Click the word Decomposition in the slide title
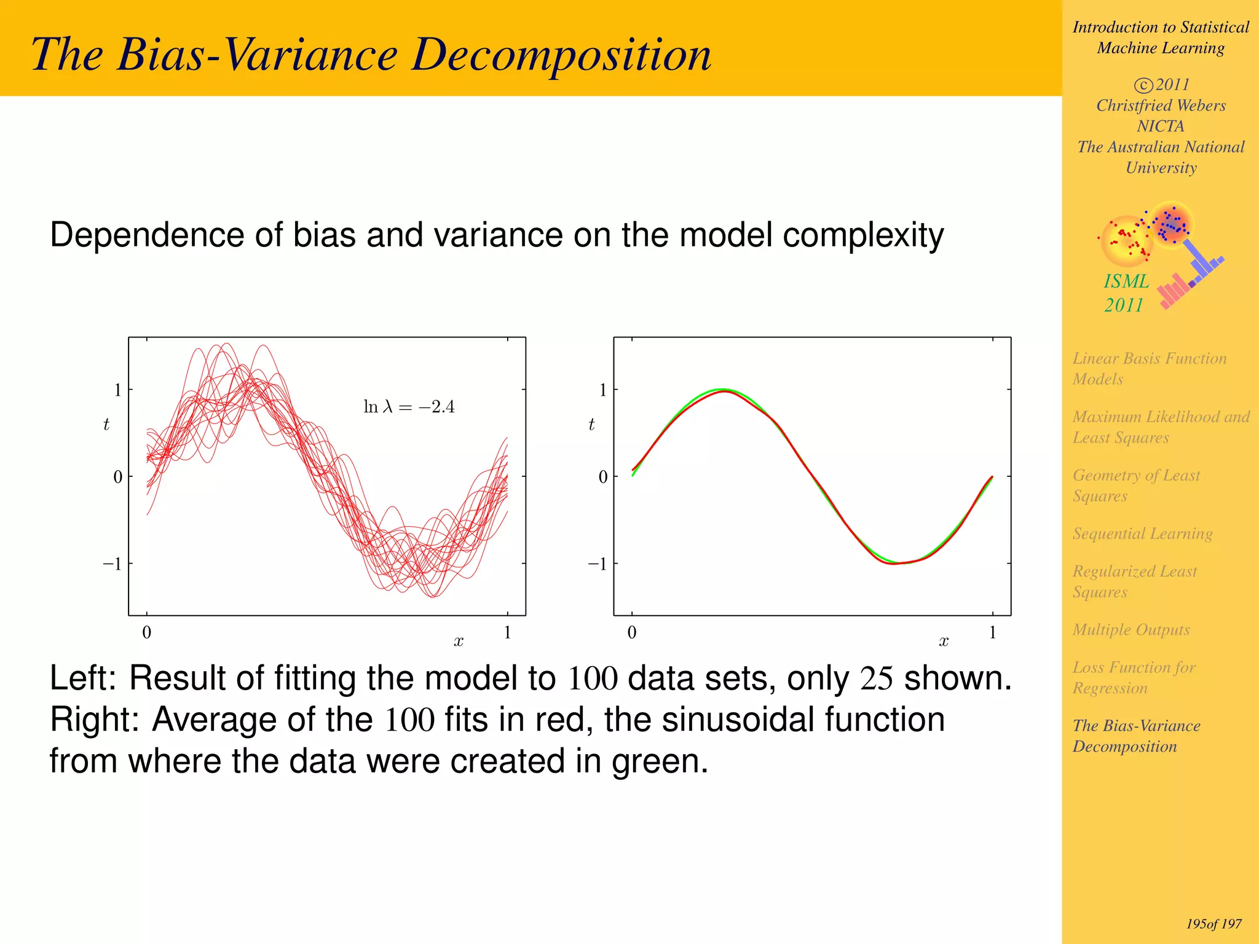[561, 55]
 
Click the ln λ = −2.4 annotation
[409, 407]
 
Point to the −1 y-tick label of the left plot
[112, 564]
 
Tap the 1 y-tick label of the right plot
[603, 390]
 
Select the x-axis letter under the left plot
[459, 642]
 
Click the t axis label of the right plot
[591, 424]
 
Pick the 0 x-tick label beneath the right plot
[632, 632]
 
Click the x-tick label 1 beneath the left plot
[507, 632]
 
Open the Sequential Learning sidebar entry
[1142, 533]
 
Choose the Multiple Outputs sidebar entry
[1131, 629]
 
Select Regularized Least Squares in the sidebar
[1134, 581]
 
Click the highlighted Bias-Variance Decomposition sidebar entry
[1136, 736]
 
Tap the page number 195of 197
[1214, 924]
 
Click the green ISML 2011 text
[1126, 293]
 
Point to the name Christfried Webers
[1161, 106]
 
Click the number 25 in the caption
[876, 678]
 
